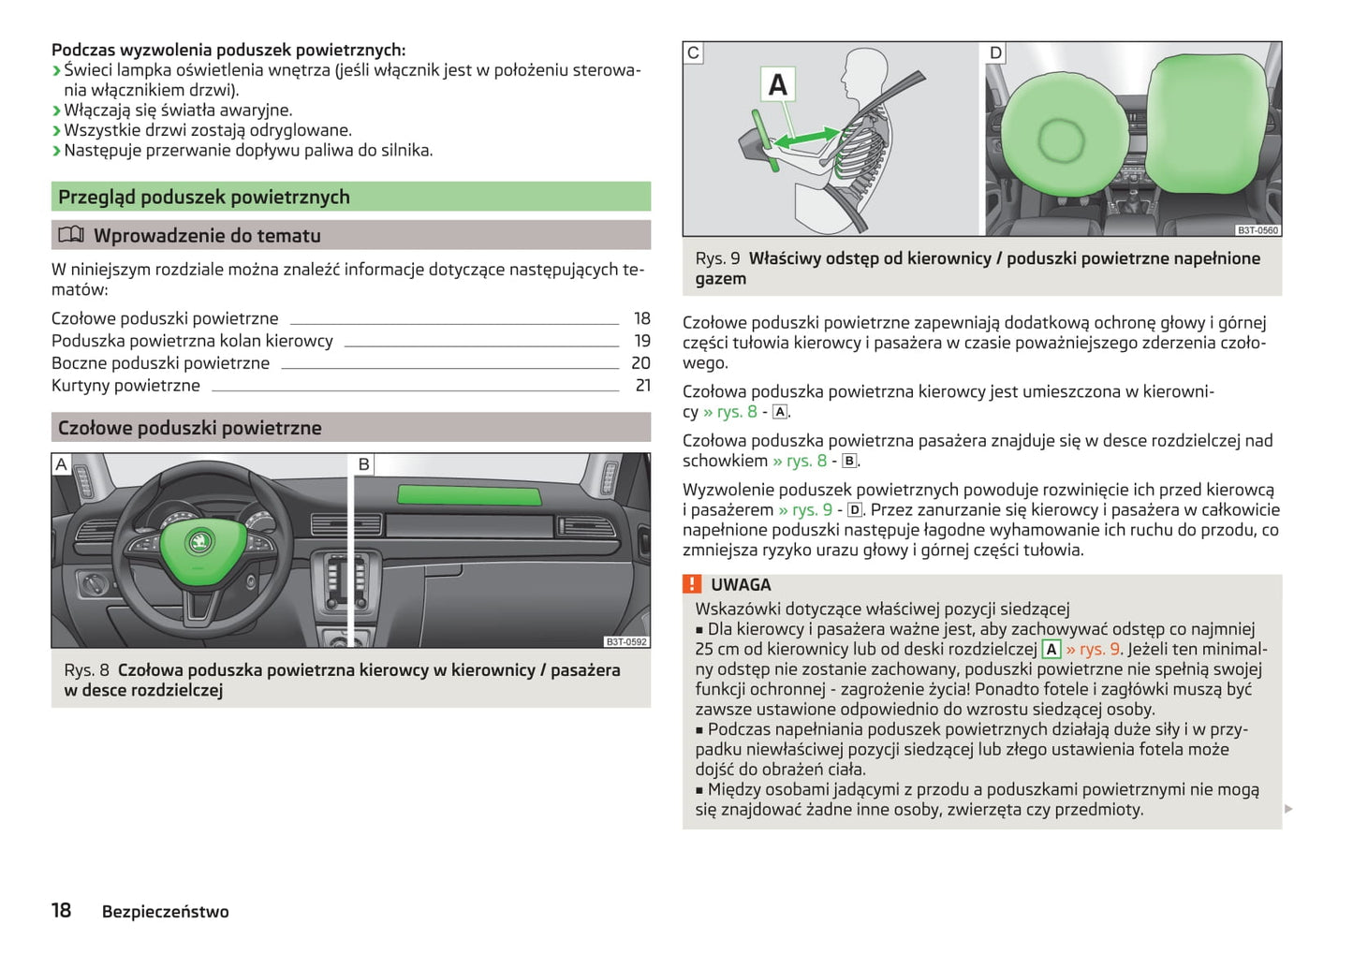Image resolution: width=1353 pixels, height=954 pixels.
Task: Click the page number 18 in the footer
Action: [61, 910]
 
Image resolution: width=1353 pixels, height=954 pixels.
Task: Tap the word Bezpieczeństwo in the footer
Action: [165, 912]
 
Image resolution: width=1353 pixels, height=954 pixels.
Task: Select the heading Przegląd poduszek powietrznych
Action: [204, 197]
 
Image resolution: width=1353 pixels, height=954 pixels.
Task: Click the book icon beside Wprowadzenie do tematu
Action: [71, 235]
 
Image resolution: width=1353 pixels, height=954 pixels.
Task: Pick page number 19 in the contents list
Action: [642, 341]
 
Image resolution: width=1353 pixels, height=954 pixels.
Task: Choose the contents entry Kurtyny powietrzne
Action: [125, 386]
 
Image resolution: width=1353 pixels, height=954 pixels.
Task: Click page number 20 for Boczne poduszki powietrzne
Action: [641, 363]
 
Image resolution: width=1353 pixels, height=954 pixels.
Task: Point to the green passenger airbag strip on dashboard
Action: [469, 496]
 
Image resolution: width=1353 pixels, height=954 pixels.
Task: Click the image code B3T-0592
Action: [625, 641]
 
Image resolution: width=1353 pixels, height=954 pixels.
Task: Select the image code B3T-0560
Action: [1257, 229]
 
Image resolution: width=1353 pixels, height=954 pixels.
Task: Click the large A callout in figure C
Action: [778, 85]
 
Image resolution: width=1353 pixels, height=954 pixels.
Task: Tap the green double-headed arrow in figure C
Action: [807, 138]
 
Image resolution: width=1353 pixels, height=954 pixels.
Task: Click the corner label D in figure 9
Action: [995, 53]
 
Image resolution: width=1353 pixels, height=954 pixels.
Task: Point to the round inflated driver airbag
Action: [1061, 140]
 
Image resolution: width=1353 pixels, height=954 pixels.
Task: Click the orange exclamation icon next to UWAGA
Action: [692, 584]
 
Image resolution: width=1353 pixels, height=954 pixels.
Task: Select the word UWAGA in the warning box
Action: [741, 585]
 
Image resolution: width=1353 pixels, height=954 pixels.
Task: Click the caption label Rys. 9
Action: [717, 258]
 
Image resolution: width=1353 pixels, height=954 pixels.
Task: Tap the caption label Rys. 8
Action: [86, 670]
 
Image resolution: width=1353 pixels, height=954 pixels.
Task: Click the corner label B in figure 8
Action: [364, 464]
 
